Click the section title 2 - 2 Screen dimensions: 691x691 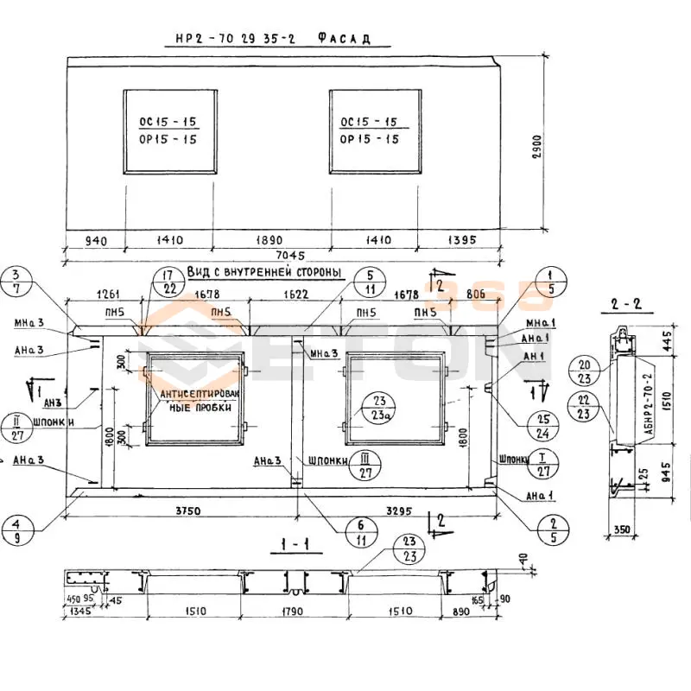pos(624,304)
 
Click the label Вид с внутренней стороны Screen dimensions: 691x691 pos(265,273)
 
